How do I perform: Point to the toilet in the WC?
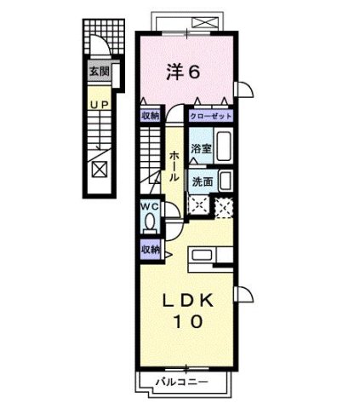[151, 222]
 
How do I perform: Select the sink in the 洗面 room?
[224, 181]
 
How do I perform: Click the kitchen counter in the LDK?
[208, 256]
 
